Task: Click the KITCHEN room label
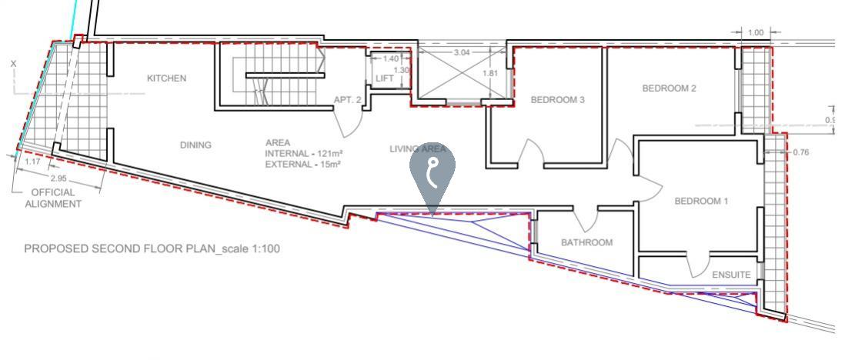coord(166,78)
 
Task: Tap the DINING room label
coord(195,145)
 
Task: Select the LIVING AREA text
coord(418,149)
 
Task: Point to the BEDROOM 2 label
coord(669,88)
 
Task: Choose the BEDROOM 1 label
coord(701,202)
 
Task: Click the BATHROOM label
coord(586,242)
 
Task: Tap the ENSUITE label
coord(731,275)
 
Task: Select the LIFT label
coord(384,78)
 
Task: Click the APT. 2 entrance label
coord(347,100)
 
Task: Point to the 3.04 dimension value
coord(462,53)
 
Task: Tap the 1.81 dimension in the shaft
coord(489,74)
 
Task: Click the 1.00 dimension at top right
coord(756,33)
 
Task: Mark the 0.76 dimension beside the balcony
coord(800,152)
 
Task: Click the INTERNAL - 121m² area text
coord(303,154)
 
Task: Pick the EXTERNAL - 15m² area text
coord(303,164)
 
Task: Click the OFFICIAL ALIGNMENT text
coord(53,198)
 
